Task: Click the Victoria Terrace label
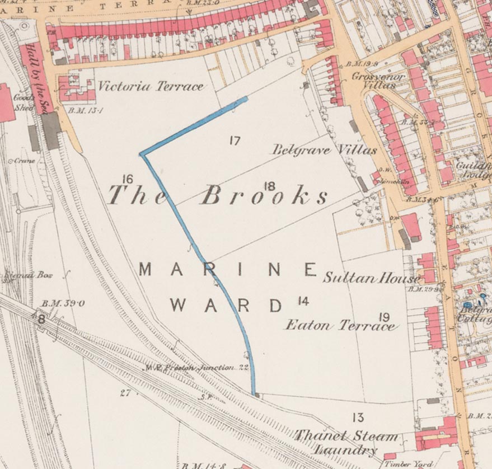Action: point(151,87)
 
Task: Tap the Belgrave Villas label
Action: point(324,150)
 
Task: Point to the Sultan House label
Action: point(371,278)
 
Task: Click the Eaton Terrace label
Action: point(340,325)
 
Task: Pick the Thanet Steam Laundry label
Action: point(346,443)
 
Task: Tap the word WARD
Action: point(227,306)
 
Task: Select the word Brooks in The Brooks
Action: point(264,195)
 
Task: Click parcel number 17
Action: point(235,140)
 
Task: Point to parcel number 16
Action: point(127,179)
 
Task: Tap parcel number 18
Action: point(269,186)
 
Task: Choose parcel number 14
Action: point(303,302)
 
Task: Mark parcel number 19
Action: point(384,317)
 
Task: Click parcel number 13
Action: point(358,417)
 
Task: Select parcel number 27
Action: point(125,393)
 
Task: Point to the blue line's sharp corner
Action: point(142,153)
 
